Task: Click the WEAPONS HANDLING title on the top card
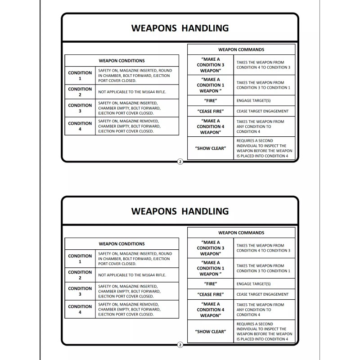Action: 180,28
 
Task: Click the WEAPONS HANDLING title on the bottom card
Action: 180,211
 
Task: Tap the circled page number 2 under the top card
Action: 180,162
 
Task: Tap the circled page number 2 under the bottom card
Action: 180,345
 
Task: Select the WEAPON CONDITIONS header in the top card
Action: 121,61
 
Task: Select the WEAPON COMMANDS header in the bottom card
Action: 241,233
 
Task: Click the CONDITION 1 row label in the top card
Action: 80,76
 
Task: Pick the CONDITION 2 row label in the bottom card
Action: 80,275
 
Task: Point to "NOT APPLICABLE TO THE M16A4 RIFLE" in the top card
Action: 132,92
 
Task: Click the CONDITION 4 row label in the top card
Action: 80,126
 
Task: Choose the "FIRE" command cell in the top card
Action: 211,101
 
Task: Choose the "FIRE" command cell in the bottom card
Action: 211,284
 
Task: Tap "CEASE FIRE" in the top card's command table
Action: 211,111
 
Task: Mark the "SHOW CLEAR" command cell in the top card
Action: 211,148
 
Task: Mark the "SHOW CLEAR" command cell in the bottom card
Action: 211,331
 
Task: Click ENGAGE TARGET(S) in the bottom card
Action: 253,284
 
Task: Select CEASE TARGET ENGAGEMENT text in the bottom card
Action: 262,294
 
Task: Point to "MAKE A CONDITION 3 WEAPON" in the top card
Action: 211,65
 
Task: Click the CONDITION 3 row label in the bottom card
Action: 80,291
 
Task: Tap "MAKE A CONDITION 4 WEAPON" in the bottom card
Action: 211,310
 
